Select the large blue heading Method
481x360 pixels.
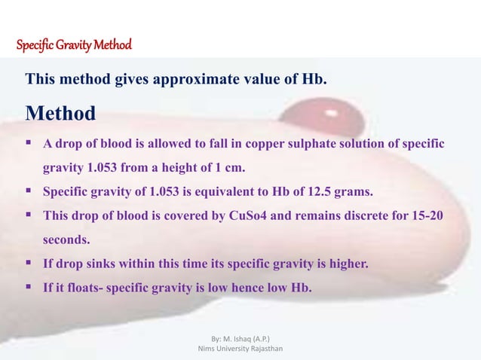[60, 114]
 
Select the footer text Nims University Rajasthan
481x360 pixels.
[240, 349]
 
